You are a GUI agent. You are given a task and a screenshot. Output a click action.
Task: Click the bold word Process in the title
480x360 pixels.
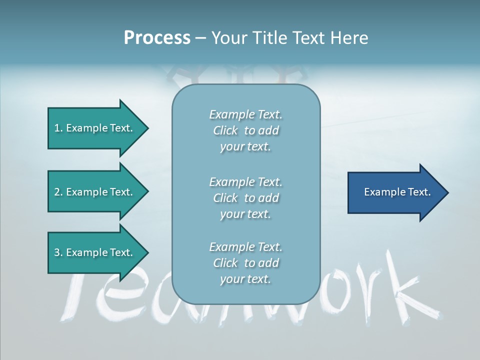tap(157, 38)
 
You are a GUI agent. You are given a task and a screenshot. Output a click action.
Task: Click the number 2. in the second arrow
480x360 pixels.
tap(58, 192)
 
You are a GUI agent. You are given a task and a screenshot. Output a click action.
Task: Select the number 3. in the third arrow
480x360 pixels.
tap(58, 252)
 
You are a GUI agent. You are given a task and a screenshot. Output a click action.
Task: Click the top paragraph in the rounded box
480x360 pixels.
tap(245, 130)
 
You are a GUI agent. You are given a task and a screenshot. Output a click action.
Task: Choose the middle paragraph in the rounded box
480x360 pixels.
tap(245, 198)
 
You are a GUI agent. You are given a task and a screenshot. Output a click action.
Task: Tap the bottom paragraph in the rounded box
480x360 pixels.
tap(245, 263)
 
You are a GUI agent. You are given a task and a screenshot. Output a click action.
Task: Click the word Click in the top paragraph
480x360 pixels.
tap(225, 130)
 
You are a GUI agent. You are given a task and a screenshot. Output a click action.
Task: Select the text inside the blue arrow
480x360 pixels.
tap(397, 192)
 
